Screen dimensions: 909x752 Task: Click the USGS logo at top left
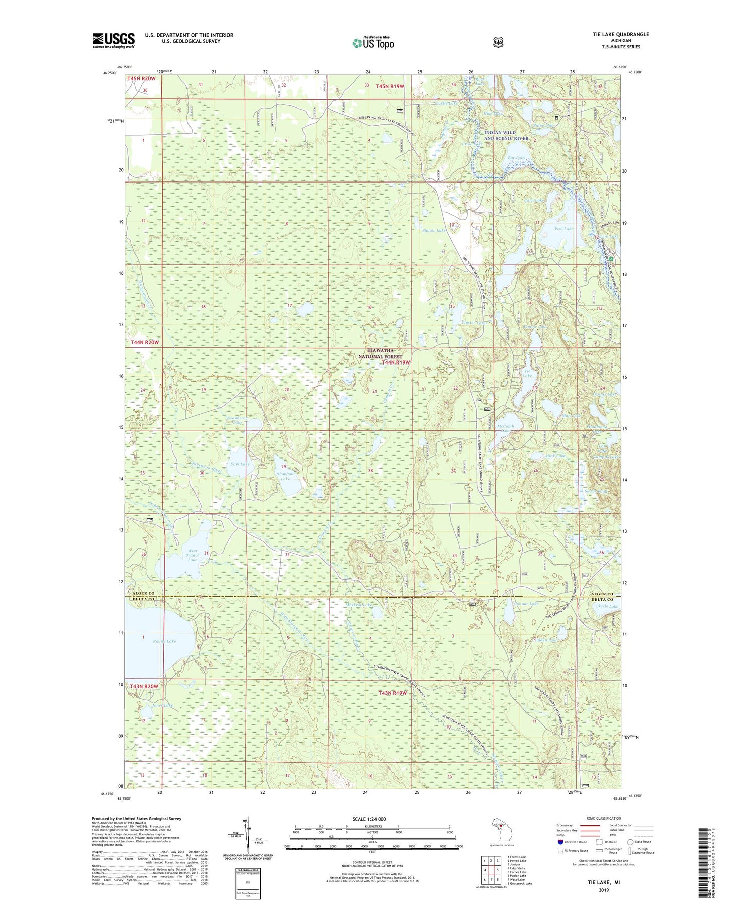click(113, 40)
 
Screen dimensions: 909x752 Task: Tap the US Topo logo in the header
click(373, 43)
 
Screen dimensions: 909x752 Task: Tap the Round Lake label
click(164, 641)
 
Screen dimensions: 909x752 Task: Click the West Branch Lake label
click(192, 555)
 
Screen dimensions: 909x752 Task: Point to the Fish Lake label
click(563, 229)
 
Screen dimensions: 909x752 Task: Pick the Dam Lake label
click(239, 464)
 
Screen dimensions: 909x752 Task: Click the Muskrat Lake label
click(358, 605)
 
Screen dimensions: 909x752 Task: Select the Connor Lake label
click(526, 604)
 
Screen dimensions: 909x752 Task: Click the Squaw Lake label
click(434, 230)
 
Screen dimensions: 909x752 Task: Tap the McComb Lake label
click(505, 428)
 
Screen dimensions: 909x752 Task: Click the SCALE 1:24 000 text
click(372, 819)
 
